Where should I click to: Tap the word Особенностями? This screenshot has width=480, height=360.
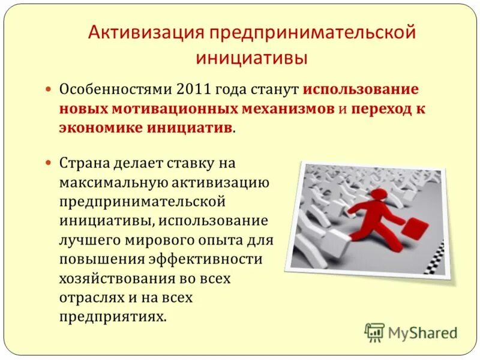(x=115, y=89)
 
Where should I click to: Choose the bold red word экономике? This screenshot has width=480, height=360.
(x=104, y=128)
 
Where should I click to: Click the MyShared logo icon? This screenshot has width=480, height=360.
(x=375, y=332)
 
